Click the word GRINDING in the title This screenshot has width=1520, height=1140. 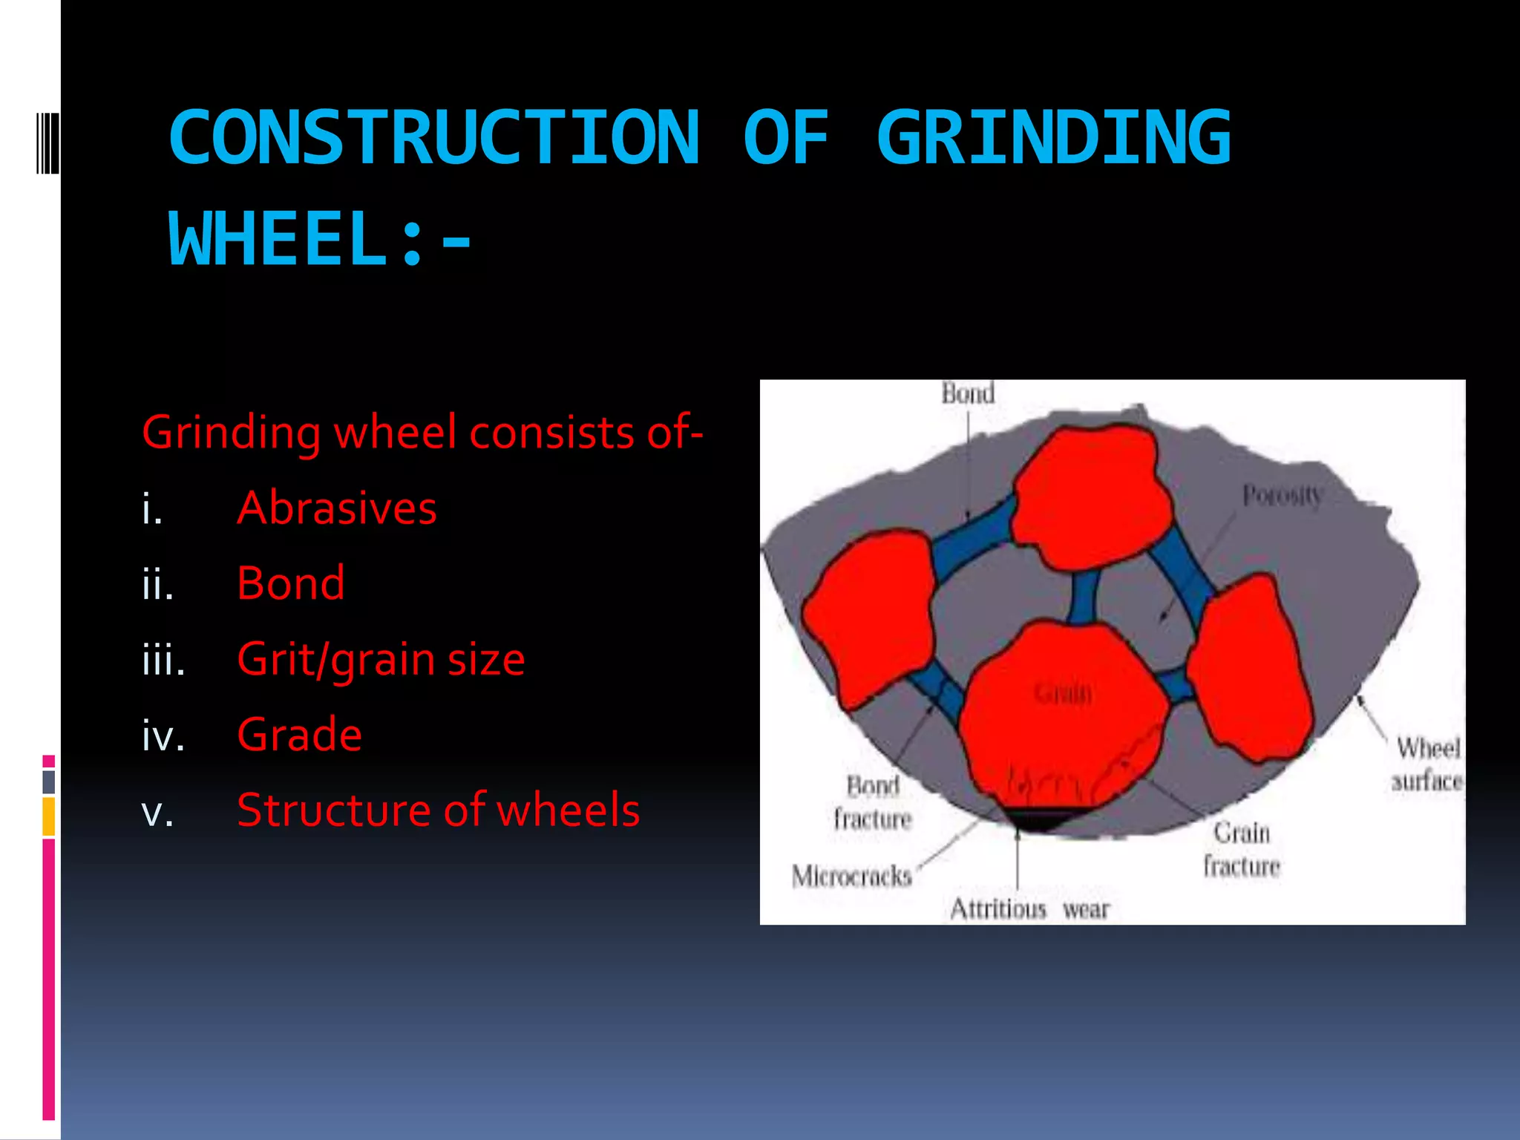pos(1054,137)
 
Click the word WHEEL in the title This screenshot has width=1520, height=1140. pos(278,239)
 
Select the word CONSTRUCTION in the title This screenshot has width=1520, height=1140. pos(434,137)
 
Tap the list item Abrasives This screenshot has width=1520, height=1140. pos(336,508)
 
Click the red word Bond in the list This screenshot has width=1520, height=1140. pos(291,583)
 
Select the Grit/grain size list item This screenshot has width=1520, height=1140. pos(381,659)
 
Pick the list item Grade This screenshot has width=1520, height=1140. pos(299,735)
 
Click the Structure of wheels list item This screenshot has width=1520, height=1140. pos(438,810)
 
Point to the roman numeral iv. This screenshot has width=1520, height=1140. pos(163,736)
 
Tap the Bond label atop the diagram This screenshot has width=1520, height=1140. pos(968,393)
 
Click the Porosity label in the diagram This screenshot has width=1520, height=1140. pos(1282,495)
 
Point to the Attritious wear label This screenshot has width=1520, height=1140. pos(1029,909)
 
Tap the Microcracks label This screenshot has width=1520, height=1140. pos(851,877)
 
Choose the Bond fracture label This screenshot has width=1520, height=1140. pos(873,802)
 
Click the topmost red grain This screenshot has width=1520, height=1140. pos(1087,494)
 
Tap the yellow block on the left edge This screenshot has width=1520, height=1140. pos(48,816)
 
